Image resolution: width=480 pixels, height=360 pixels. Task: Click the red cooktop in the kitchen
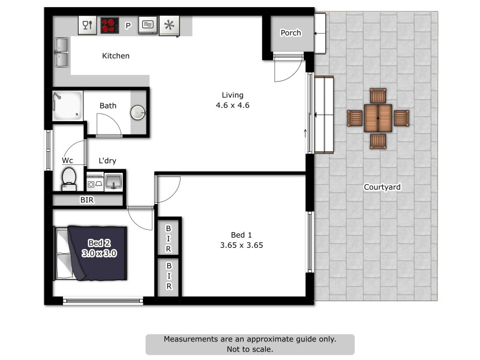tap(109, 25)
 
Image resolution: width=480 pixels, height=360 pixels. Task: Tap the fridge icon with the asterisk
tap(170, 25)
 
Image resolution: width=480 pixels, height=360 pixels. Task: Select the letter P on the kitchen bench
tap(128, 26)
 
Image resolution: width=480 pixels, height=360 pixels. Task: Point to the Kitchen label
tap(116, 56)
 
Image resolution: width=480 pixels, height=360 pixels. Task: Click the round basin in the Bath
tap(138, 112)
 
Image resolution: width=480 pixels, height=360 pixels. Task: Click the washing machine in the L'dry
tap(94, 182)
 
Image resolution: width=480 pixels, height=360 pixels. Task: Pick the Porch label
tap(290, 33)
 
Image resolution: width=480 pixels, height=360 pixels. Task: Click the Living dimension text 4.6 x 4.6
tap(232, 105)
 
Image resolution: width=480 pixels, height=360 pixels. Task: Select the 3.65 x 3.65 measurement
tap(242, 245)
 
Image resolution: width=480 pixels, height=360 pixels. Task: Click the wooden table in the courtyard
tap(378, 118)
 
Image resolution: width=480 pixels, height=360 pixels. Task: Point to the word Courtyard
tap(382, 187)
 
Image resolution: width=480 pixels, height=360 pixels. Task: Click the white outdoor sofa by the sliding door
tap(324, 116)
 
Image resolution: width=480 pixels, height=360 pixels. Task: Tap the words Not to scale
tap(250, 349)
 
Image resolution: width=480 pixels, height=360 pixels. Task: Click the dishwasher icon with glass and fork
tap(88, 25)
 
